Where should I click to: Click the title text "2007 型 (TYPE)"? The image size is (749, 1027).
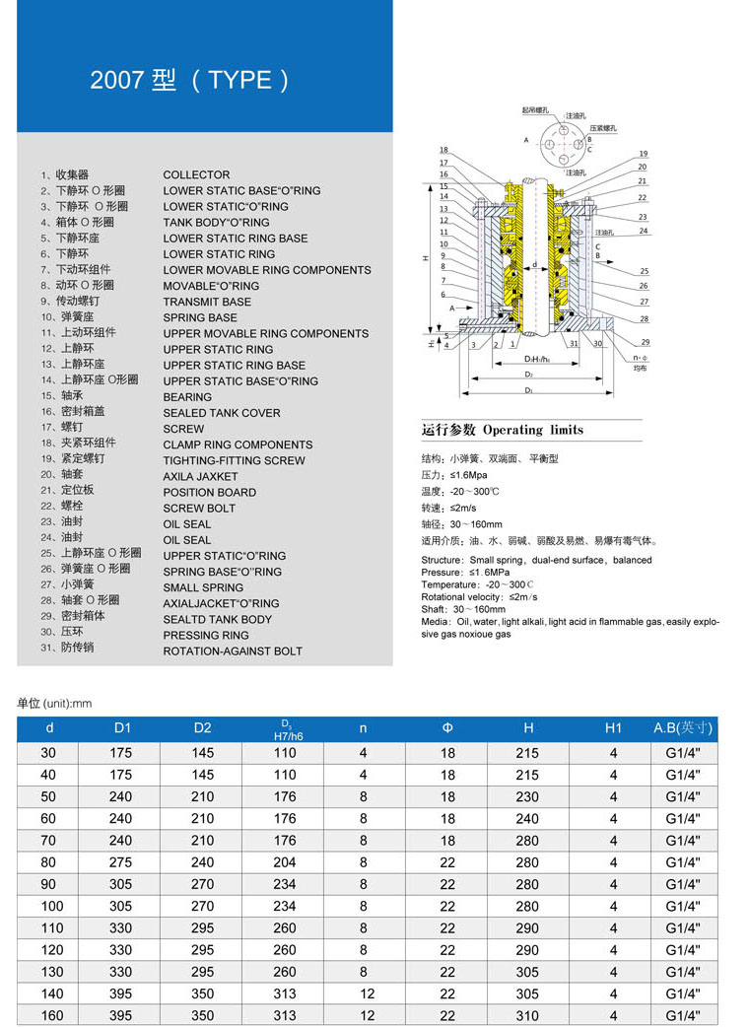tap(190, 80)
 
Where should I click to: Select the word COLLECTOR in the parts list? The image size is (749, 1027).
tap(196, 174)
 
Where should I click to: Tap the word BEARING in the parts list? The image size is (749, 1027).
tap(187, 397)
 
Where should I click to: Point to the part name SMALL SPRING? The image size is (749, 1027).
tap(203, 587)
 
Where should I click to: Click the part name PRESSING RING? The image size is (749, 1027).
tap(206, 635)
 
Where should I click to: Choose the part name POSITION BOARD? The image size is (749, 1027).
tap(209, 492)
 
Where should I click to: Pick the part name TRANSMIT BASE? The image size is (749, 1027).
tap(207, 302)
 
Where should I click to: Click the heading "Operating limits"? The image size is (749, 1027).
tap(532, 430)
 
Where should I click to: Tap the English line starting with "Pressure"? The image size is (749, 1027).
tap(465, 573)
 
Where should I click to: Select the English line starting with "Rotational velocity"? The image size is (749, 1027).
tap(480, 597)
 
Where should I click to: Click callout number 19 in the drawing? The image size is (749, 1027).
tap(643, 154)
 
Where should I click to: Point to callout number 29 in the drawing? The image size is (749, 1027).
tap(645, 341)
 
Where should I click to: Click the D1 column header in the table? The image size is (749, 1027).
tap(121, 728)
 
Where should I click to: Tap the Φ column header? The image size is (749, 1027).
tap(447, 728)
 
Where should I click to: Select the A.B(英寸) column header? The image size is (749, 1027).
tap(683, 728)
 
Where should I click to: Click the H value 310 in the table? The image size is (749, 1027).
tap(528, 1015)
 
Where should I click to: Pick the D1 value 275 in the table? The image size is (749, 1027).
tap(121, 862)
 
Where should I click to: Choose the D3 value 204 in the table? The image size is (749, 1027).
tap(285, 862)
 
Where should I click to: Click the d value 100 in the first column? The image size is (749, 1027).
tap(51, 906)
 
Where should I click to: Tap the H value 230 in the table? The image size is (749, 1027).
tap(528, 796)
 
